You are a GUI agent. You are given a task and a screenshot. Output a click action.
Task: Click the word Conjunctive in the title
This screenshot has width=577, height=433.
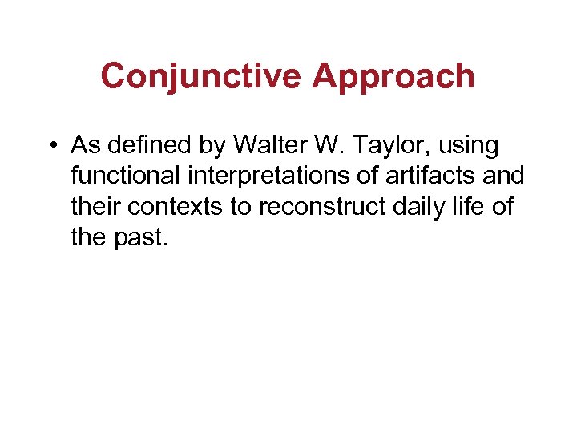(x=201, y=77)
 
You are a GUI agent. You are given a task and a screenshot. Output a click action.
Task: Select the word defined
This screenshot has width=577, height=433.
(x=144, y=146)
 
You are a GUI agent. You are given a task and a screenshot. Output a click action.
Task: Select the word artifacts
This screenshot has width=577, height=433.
(x=442, y=176)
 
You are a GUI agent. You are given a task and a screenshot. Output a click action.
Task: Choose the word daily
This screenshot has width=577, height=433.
(x=417, y=205)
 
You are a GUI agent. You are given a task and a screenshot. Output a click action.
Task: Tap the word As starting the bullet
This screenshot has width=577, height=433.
(x=83, y=146)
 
